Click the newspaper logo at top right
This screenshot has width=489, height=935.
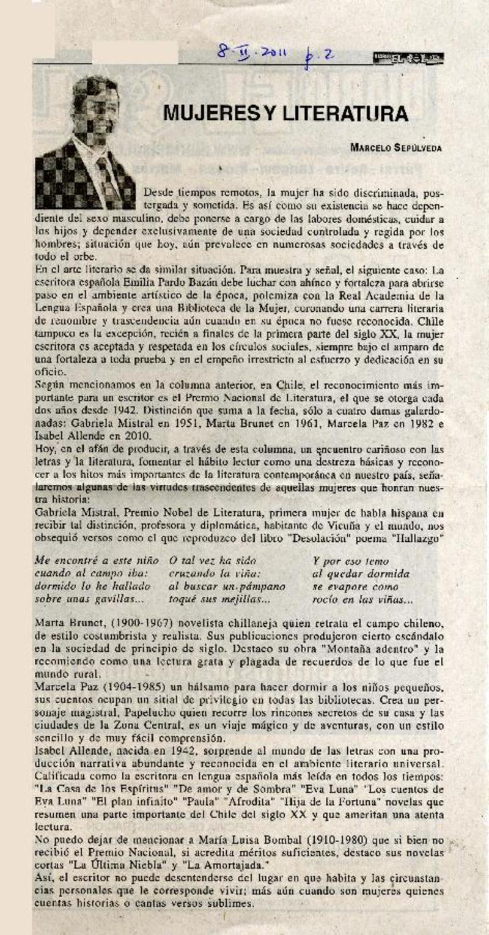pos(408,58)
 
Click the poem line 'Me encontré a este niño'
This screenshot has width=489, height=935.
pos(97,560)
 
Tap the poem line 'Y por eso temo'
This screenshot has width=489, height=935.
pos(350,560)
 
